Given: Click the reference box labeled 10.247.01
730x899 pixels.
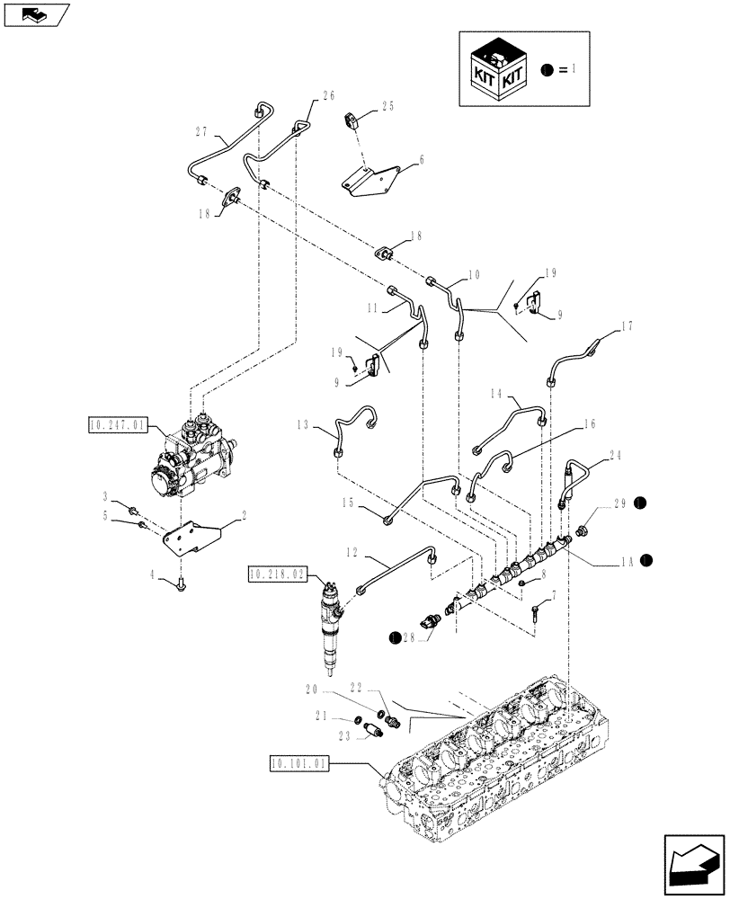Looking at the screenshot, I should (117, 424).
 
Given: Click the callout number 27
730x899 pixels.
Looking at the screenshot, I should (200, 132).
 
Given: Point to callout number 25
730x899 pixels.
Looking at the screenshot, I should (387, 106).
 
